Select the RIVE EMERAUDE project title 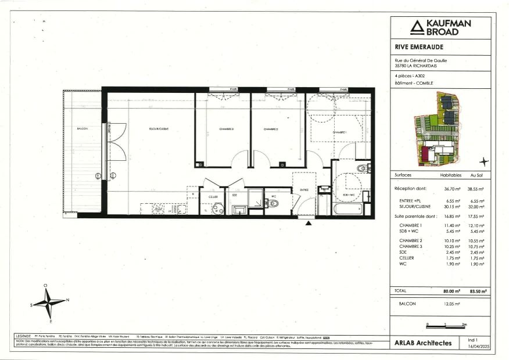pyautogui.click(x=415, y=48)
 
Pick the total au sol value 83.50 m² pyautogui.click(x=478, y=290)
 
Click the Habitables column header pyautogui.click(x=450, y=175)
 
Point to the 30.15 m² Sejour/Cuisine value pyautogui.click(x=450, y=205)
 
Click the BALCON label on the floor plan pyautogui.click(x=82, y=128)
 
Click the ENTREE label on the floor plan pyautogui.click(x=303, y=189)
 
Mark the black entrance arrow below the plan pyautogui.click(x=308, y=222)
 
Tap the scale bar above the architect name pyautogui.click(x=446, y=326)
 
